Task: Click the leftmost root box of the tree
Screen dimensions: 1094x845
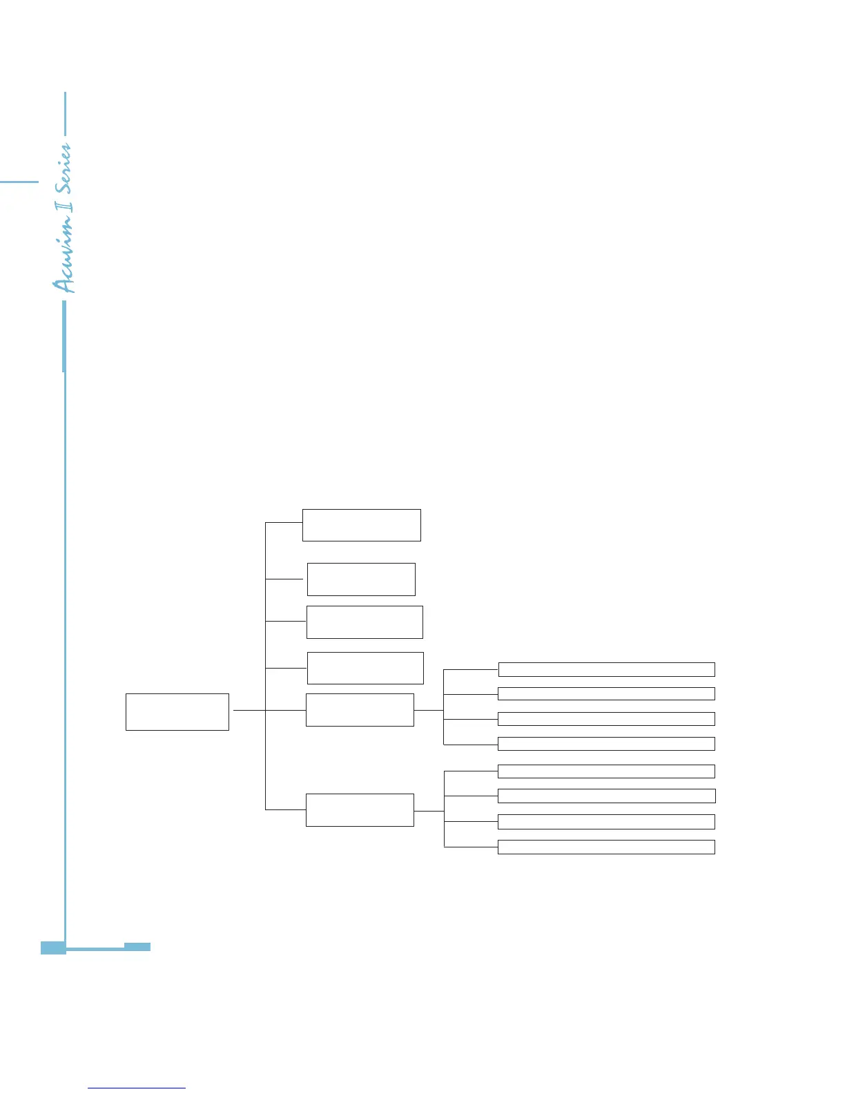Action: tap(177, 711)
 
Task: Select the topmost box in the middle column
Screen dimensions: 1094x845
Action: tap(362, 525)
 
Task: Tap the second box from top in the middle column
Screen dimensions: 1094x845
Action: tap(361, 579)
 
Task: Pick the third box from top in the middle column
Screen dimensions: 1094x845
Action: tap(365, 622)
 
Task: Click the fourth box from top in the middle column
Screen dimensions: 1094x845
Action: tap(365, 668)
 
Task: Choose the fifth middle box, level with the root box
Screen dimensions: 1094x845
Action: tap(360, 710)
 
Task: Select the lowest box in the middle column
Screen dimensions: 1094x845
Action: tap(360, 809)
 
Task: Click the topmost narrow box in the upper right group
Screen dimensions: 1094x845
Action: tap(606, 669)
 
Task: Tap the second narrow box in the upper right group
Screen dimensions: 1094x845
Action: tap(606, 694)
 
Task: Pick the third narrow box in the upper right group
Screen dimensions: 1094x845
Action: tap(606, 719)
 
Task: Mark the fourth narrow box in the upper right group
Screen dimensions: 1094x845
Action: tap(606, 744)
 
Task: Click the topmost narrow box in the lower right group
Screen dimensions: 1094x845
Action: tap(606, 771)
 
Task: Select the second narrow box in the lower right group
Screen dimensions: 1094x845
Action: tap(606, 796)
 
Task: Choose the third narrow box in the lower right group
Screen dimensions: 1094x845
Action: tap(606, 821)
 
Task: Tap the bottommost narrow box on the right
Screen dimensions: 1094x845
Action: tap(606, 847)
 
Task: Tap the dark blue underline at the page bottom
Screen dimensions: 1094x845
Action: tap(137, 1088)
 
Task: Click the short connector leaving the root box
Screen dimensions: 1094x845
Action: tap(249, 710)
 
